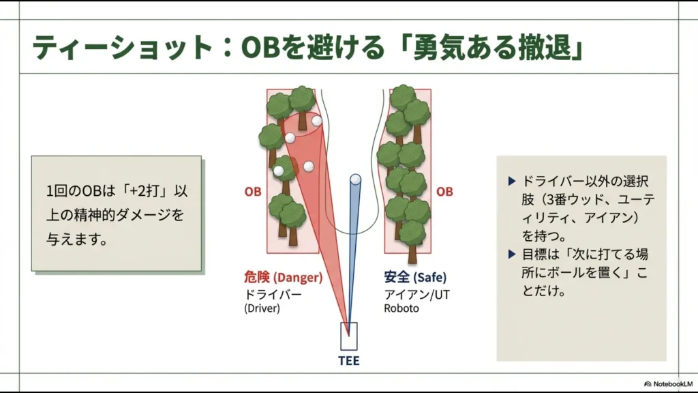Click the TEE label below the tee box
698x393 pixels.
coord(349,361)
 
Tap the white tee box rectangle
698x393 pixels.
coord(349,336)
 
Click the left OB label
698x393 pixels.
coord(253,192)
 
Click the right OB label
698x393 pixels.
coord(444,192)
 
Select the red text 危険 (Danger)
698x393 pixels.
coord(283,278)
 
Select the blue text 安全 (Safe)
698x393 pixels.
coord(415,278)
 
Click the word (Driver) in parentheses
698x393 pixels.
coord(263,308)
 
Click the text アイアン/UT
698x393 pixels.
coord(416,294)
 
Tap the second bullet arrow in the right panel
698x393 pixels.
coord(513,254)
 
